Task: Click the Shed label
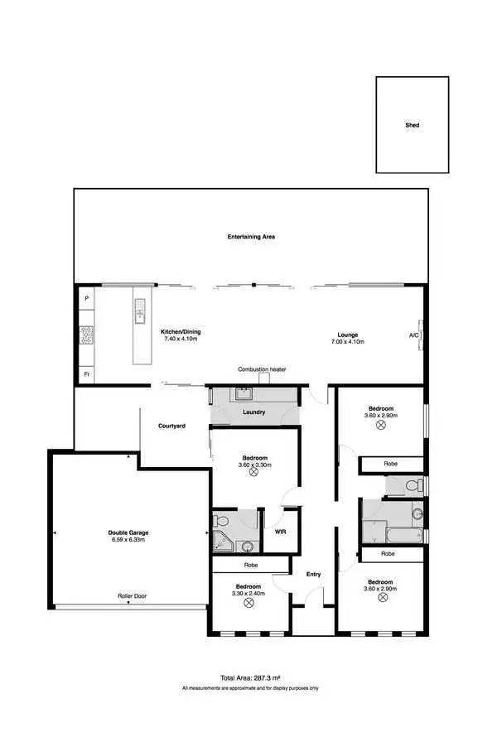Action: point(412,126)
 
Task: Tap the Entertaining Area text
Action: point(251,238)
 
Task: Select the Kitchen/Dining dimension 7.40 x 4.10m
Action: point(182,340)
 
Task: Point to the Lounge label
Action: point(346,334)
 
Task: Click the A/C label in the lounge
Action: point(413,335)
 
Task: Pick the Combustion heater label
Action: point(262,369)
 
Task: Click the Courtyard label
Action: point(171,426)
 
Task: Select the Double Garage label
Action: point(128,532)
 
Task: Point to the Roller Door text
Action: point(128,595)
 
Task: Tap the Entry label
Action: point(313,575)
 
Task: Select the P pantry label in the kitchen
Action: point(86,297)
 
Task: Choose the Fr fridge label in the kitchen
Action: point(86,375)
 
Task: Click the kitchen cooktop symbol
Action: point(86,335)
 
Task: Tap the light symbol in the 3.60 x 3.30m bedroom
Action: point(254,474)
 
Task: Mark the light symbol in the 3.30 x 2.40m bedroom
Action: point(248,602)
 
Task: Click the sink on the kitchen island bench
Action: point(139,311)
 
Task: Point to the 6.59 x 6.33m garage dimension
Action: point(128,540)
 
